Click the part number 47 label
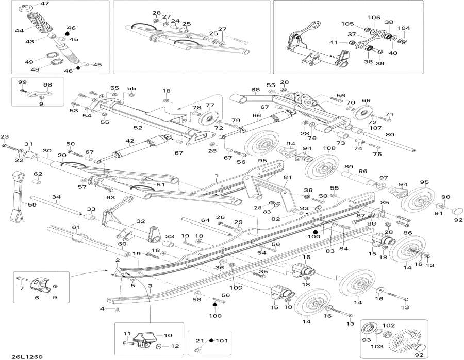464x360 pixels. [x=45, y=4]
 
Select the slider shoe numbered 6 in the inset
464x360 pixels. [x=40, y=284]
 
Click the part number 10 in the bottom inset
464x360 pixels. [x=168, y=335]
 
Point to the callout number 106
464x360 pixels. [x=374, y=18]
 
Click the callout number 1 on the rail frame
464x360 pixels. [x=217, y=176]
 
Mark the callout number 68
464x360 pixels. [x=255, y=90]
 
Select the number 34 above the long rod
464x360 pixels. [x=56, y=197]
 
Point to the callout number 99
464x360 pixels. [x=22, y=82]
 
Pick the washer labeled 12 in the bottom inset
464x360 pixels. [x=158, y=346]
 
